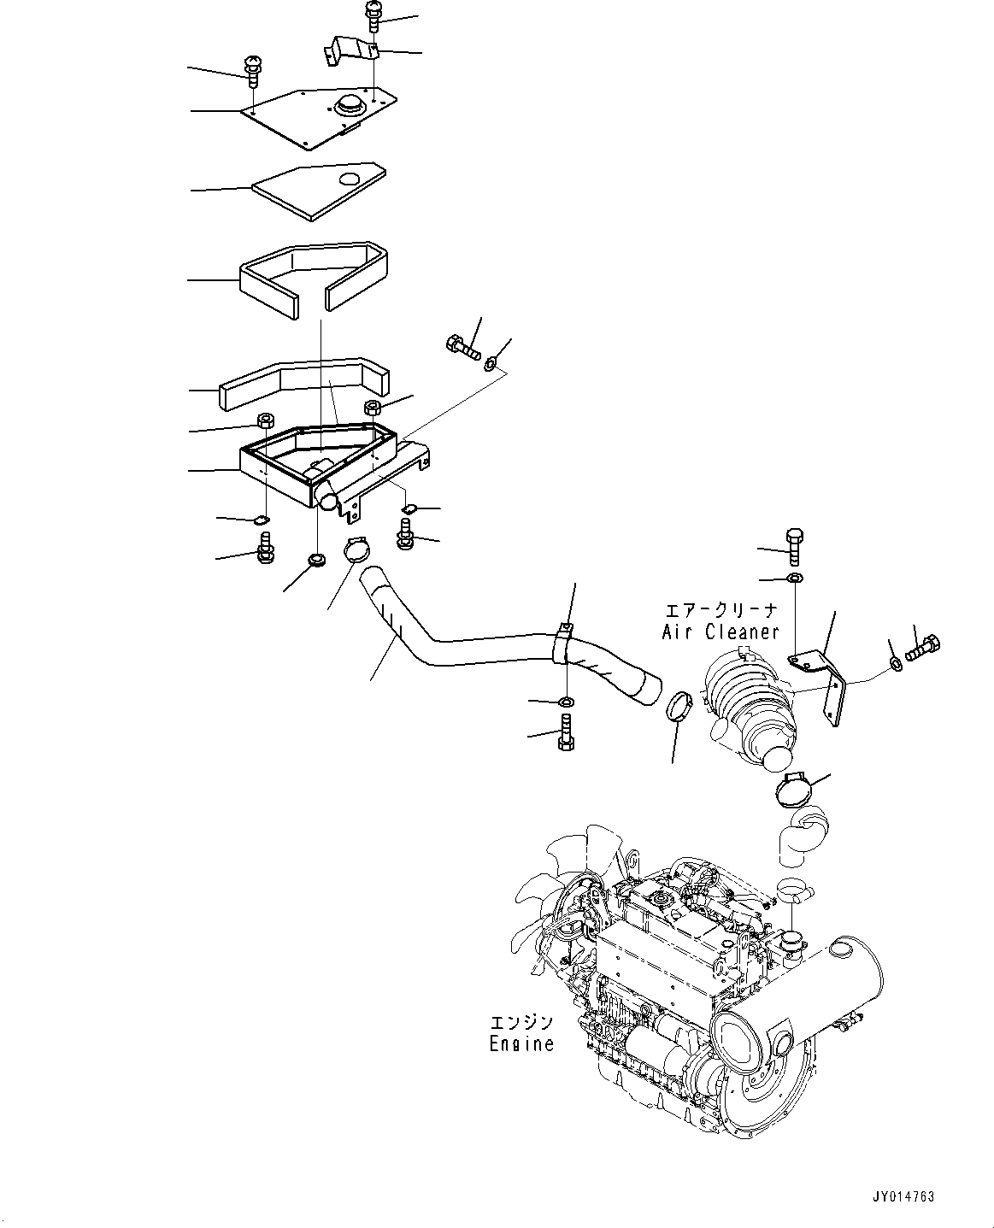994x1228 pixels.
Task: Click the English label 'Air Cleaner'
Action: click(721, 632)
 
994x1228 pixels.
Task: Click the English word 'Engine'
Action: click(521, 1043)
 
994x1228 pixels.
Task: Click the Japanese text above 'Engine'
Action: click(521, 1022)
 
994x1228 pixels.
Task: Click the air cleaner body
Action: click(748, 705)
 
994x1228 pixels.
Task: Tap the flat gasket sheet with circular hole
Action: click(316, 191)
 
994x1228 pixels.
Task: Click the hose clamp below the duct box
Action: click(360, 549)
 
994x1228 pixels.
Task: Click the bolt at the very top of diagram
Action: click(374, 15)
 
